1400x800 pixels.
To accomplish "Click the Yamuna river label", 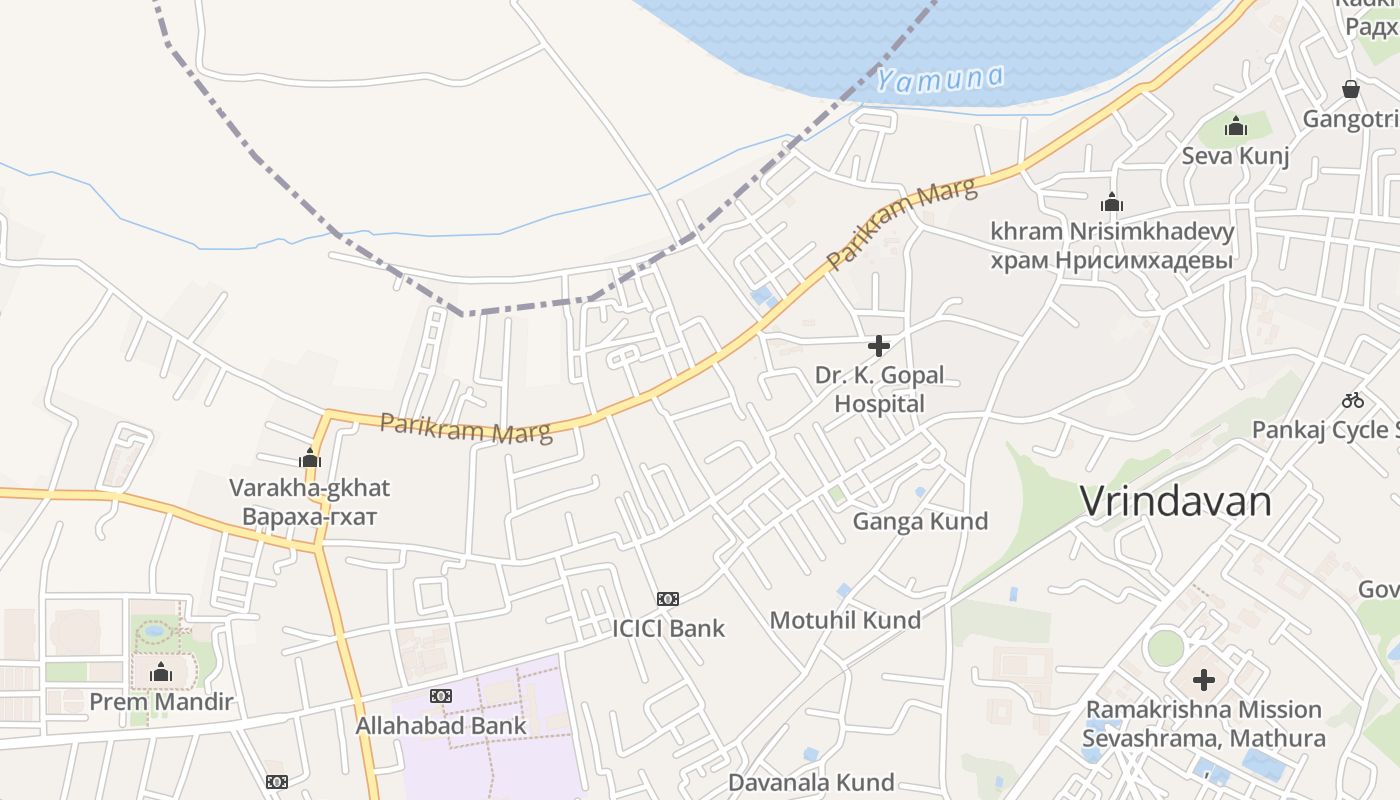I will [940, 78].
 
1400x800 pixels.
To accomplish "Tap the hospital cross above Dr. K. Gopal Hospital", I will [879, 346].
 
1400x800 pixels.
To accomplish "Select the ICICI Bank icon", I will [668, 599].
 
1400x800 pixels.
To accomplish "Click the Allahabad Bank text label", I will [441, 726].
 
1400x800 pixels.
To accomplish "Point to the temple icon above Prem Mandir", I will [161, 673].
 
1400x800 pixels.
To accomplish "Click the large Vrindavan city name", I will [1176, 501].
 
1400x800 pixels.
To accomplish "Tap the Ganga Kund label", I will [920, 521].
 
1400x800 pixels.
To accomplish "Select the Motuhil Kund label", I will [845, 620].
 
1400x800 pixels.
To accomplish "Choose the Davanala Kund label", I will [811, 782].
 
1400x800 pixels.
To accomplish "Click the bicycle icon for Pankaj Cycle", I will [1353, 400].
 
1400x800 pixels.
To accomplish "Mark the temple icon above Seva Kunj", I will [1236, 127].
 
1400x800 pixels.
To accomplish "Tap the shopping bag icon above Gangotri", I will [1351, 89].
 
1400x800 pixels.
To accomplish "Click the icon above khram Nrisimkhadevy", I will [1112, 203].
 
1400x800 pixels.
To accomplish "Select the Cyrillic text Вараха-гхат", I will [309, 518].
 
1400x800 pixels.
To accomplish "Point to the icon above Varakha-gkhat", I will [310, 459].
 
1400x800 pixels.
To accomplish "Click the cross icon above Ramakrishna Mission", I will [1204, 680].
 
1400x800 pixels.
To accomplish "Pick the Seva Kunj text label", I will [1236, 156].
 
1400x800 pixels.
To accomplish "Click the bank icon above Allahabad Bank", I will [441, 696].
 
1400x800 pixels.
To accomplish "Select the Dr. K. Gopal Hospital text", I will [879, 390].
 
